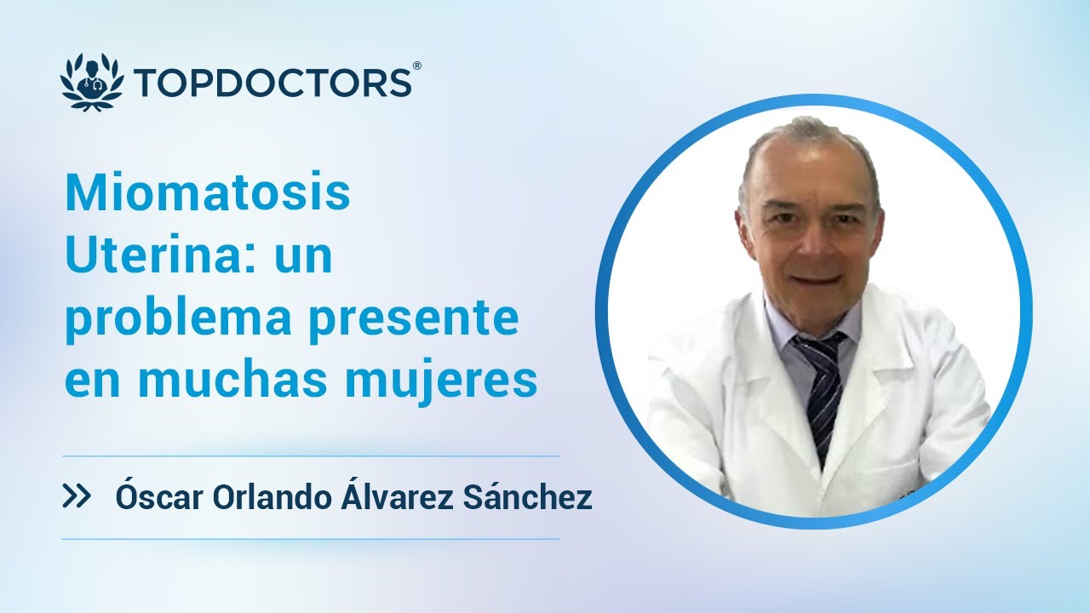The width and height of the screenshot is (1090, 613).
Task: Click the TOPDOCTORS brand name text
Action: tap(272, 84)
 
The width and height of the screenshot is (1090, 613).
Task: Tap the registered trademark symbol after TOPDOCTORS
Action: tap(416, 66)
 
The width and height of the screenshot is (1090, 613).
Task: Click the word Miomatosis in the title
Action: tap(208, 195)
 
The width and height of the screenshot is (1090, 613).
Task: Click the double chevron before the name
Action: tap(77, 497)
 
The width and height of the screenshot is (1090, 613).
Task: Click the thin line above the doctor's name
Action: tap(310, 456)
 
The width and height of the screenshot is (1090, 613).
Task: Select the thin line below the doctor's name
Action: tap(310, 539)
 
